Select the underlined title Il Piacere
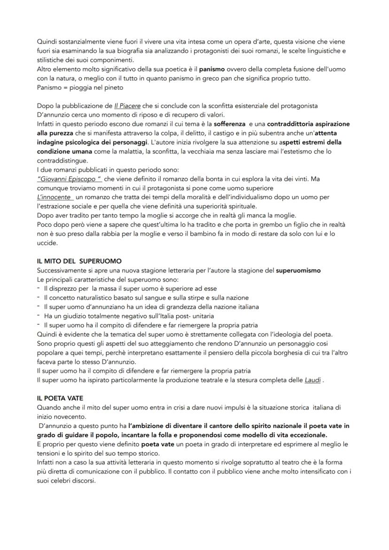128,107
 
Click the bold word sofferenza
229,124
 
